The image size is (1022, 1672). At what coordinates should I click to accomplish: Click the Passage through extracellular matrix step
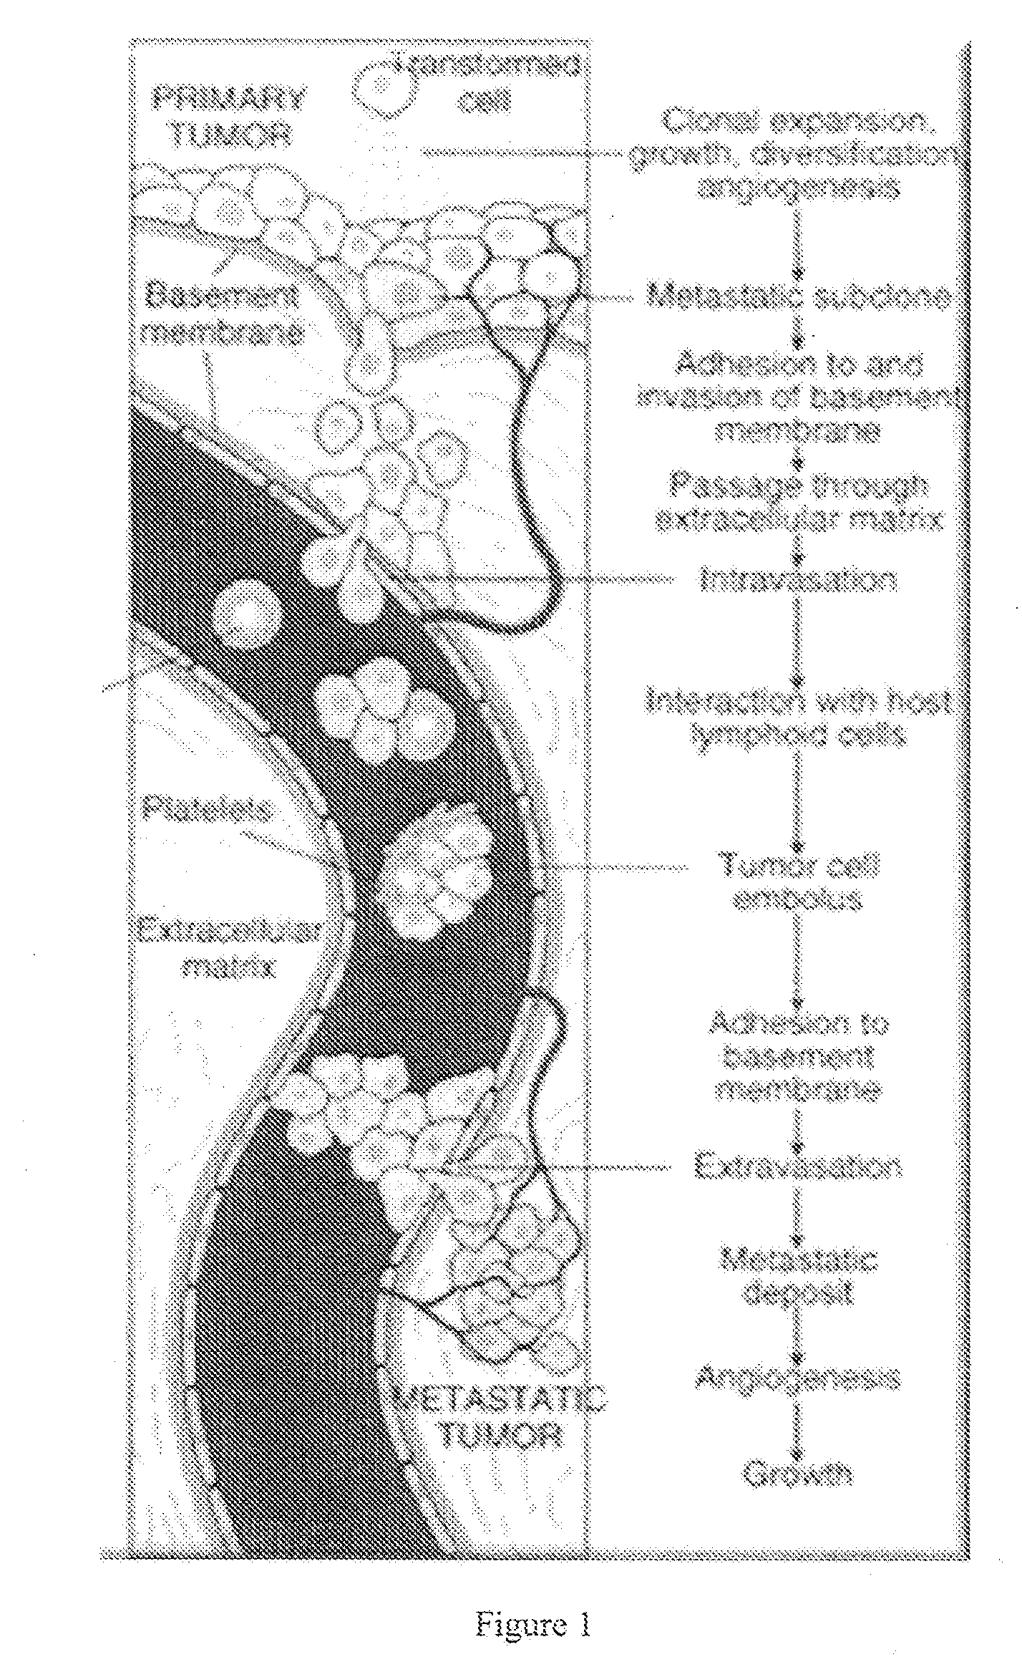pyautogui.click(x=797, y=503)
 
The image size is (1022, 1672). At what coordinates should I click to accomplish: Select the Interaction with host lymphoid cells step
pyautogui.click(x=797, y=717)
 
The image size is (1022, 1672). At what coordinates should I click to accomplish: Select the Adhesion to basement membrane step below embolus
pyautogui.click(x=797, y=1056)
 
